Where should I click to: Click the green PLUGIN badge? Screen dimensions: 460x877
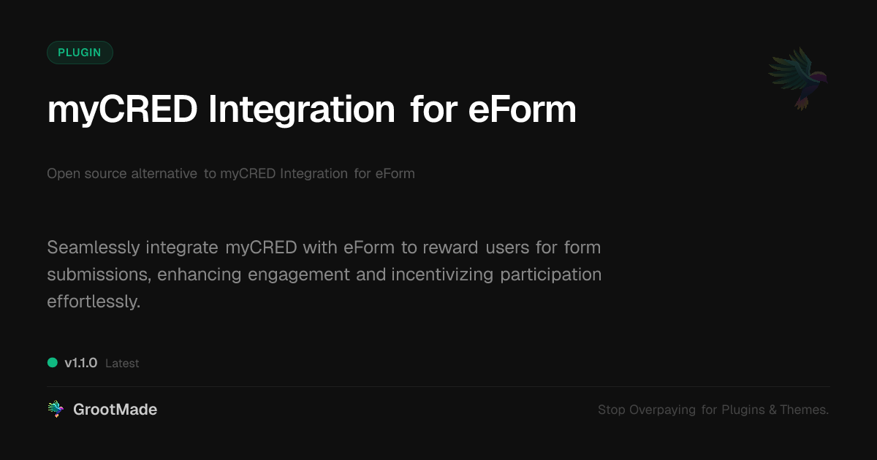point(80,53)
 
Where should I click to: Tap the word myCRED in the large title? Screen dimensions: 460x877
point(122,110)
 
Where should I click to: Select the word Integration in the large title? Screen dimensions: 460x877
point(301,110)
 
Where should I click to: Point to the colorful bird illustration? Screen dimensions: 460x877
point(798,77)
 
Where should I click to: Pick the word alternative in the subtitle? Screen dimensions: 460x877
point(164,174)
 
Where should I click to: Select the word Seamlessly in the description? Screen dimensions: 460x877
point(93,248)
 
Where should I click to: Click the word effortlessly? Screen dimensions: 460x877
point(93,302)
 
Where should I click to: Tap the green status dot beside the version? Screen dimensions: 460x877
point(53,362)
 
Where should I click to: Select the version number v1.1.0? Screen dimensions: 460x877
point(80,363)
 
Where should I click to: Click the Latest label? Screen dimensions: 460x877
point(122,363)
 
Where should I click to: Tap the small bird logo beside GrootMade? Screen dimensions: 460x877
point(56,410)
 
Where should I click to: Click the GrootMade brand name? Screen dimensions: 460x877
point(115,410)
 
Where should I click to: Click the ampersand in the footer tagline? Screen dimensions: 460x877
point(772,410)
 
